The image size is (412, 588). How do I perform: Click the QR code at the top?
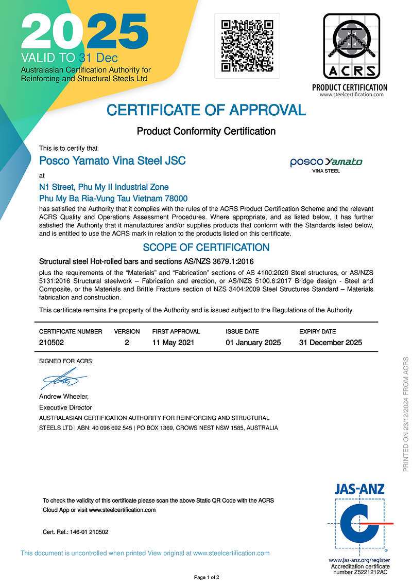click(247, 46)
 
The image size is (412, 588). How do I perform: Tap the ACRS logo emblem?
click(351, 46)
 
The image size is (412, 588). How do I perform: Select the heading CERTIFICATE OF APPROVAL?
click(206, 110)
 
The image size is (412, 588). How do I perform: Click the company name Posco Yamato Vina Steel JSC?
click(112, 161)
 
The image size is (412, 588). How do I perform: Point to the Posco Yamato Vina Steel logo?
click(326, 164)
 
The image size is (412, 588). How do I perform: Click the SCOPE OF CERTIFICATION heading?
click(206, 247)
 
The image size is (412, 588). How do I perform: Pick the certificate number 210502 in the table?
click(51, 343)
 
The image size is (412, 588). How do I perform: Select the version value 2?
click(127, 343)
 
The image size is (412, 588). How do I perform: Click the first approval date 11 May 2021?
click(173, 343)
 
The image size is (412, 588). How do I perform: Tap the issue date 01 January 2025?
click(253, 343)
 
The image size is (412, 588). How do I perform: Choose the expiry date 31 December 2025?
click(331, 343)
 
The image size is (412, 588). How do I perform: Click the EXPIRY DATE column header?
click(317, 332)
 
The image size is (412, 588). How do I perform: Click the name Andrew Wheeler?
click(64, 397)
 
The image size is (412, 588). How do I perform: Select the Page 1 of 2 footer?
click(207, 578)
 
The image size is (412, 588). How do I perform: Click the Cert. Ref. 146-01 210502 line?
click(75, 532)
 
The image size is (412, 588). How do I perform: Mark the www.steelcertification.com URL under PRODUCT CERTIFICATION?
click(352, 95)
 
